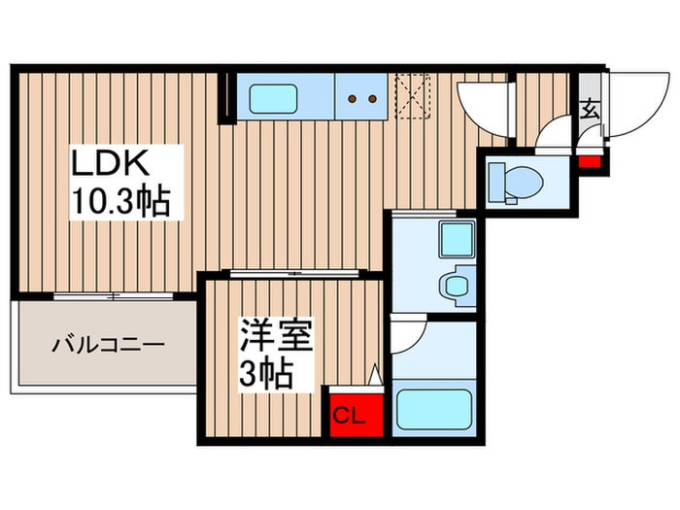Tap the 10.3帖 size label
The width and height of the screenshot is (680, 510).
[119, 203]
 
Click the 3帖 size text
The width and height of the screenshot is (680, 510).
[266, 374]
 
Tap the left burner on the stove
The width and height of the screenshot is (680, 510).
[354, 98]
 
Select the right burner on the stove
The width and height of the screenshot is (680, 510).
[371, 98]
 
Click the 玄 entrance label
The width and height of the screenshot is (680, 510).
[590, 109]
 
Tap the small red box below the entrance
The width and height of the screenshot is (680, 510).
[587, 159]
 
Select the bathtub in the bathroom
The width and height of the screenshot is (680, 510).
[435, 409]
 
